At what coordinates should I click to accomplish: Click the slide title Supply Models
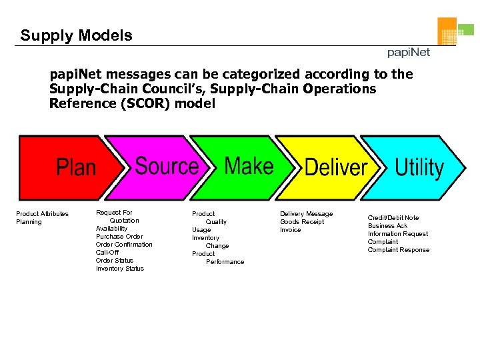point(76,35)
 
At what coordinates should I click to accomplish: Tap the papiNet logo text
point(409,52)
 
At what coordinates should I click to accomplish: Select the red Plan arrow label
point(76,167)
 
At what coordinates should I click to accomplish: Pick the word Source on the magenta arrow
point(167,165)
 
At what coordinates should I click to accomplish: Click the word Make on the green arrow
point(249,165)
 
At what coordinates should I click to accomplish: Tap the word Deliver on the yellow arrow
point(336,167)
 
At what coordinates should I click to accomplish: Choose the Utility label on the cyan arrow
point(419,167)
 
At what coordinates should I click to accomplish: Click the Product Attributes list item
point(42,214)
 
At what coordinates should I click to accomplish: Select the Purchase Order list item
point(119,237)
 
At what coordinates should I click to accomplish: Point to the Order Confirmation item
point(124,245)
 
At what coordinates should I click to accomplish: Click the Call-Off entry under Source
point(107,253)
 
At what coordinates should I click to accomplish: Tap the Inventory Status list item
point(119,269)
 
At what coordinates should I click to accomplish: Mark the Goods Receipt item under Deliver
point(302,222)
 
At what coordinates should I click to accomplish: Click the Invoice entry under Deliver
point(290,230)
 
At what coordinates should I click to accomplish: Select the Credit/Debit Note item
point(393,218)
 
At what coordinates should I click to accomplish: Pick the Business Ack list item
point(387,226)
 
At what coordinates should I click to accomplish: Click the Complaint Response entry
point(399,250)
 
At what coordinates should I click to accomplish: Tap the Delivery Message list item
point(306,214)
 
